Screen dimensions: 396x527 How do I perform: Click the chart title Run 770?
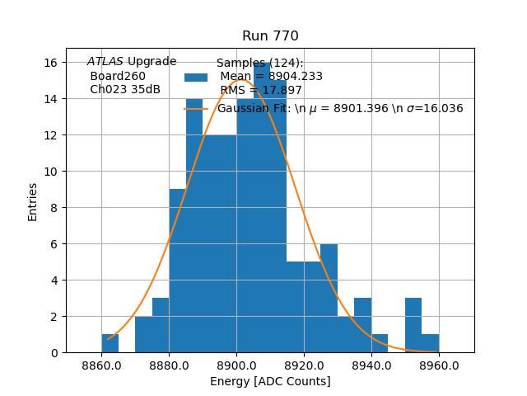(270, 36)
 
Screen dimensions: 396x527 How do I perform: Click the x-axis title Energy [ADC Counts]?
(270, 381)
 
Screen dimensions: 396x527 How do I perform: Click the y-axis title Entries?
(33, 201)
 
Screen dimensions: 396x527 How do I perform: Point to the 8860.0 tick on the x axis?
(102, 365)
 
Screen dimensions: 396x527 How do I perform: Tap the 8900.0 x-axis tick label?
(236, 365)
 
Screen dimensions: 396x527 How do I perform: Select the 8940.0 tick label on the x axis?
(371, 365)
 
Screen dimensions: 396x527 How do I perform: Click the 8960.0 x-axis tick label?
(439, 365)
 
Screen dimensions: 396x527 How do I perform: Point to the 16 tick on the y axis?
(50, 63)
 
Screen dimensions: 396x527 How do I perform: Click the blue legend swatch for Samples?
(196, 77)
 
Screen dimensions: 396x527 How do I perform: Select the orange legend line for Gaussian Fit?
(196, 108)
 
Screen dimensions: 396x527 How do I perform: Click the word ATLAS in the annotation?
(105, 62)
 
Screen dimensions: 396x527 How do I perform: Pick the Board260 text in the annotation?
(118, 77)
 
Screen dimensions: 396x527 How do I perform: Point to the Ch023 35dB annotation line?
(125, 90)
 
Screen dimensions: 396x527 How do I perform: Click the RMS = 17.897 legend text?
(261, 91)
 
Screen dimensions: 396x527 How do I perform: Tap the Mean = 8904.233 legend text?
(271, 77)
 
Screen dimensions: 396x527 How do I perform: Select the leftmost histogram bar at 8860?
(110, 343)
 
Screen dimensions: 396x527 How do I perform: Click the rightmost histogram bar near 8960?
(430, 343)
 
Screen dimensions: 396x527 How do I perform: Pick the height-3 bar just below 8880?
(161, 326)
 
